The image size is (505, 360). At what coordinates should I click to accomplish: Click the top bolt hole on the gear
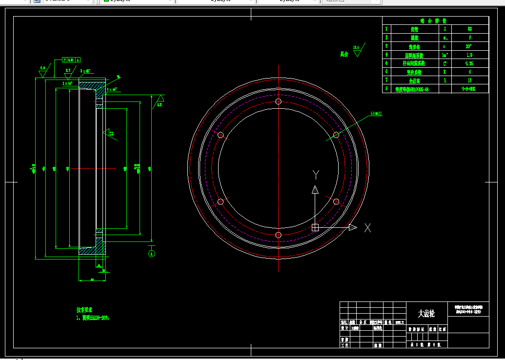point(278,101)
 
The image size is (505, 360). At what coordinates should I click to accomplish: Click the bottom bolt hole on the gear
point(278,235)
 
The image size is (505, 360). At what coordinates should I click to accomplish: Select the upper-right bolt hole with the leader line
point(336,135)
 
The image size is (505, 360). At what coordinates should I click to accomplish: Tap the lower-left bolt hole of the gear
point(220,201)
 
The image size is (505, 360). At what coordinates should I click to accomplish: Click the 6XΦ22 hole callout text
point(376,113)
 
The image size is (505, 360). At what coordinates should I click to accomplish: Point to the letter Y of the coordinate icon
point(316,175)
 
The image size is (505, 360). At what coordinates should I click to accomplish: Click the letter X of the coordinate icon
point(367,227)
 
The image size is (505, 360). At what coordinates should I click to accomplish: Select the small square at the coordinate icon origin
point(315,227)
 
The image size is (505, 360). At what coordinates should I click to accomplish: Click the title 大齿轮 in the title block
point(426,314)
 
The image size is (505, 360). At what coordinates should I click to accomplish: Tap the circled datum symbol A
point(151,253)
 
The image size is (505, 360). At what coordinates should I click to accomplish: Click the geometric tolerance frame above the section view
point(71,60)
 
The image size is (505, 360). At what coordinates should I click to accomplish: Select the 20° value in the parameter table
point(469,46)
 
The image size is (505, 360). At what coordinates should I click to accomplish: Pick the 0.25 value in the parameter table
point(469,63)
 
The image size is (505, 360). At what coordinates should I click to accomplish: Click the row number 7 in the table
point(386,80)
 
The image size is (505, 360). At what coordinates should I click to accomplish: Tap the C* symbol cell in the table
point(444,63)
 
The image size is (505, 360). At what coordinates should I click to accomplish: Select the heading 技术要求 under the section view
point(84,310)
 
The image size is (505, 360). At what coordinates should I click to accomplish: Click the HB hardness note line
point(93,318)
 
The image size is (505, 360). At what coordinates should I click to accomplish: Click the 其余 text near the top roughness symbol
point(344,54)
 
